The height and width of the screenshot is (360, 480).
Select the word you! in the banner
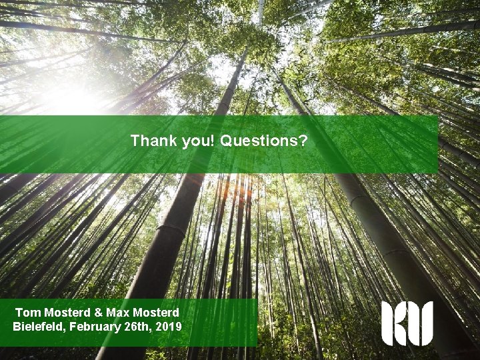(x=195, y=141)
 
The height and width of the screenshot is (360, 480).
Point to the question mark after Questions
(x=303, y=141)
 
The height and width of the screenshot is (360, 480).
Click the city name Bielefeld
(x=39, y=326)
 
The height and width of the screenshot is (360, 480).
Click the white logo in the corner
(x=407, y=323)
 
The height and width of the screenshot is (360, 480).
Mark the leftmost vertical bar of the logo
(x=387, y=323)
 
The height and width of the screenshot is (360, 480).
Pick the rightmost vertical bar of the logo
(x=427, y=323)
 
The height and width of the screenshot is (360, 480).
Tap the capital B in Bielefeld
(x=17, y=326)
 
